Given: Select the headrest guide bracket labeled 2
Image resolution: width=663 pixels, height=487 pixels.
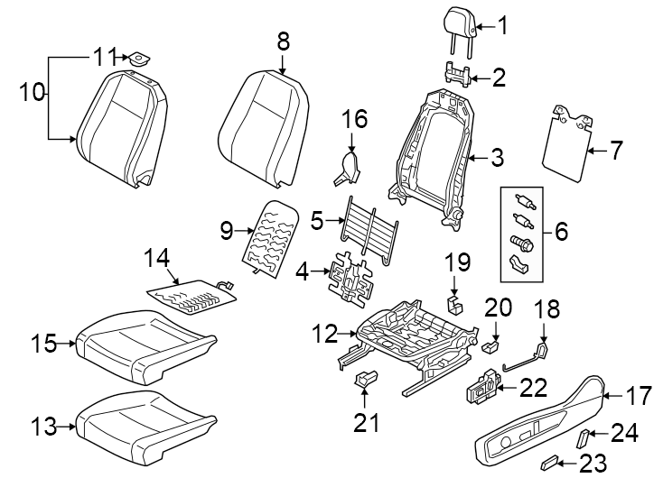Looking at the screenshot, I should pos(460,73).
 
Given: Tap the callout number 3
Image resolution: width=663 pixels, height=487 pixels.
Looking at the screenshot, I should pos(497,160).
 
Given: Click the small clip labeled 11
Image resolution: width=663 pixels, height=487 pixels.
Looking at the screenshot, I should pos(140,59).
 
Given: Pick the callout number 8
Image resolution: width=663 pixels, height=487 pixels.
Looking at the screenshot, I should pos(283,41).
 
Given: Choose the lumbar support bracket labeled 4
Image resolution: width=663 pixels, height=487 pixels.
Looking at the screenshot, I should pos(351,276).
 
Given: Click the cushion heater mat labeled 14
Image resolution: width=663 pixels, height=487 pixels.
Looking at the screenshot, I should pos(191,295).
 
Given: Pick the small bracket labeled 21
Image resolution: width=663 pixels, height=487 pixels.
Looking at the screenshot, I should pos(365,381).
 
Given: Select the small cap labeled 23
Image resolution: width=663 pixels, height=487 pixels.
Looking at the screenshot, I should pos(548,464).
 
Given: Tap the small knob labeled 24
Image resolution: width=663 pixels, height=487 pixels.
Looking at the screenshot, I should pos(584,438).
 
